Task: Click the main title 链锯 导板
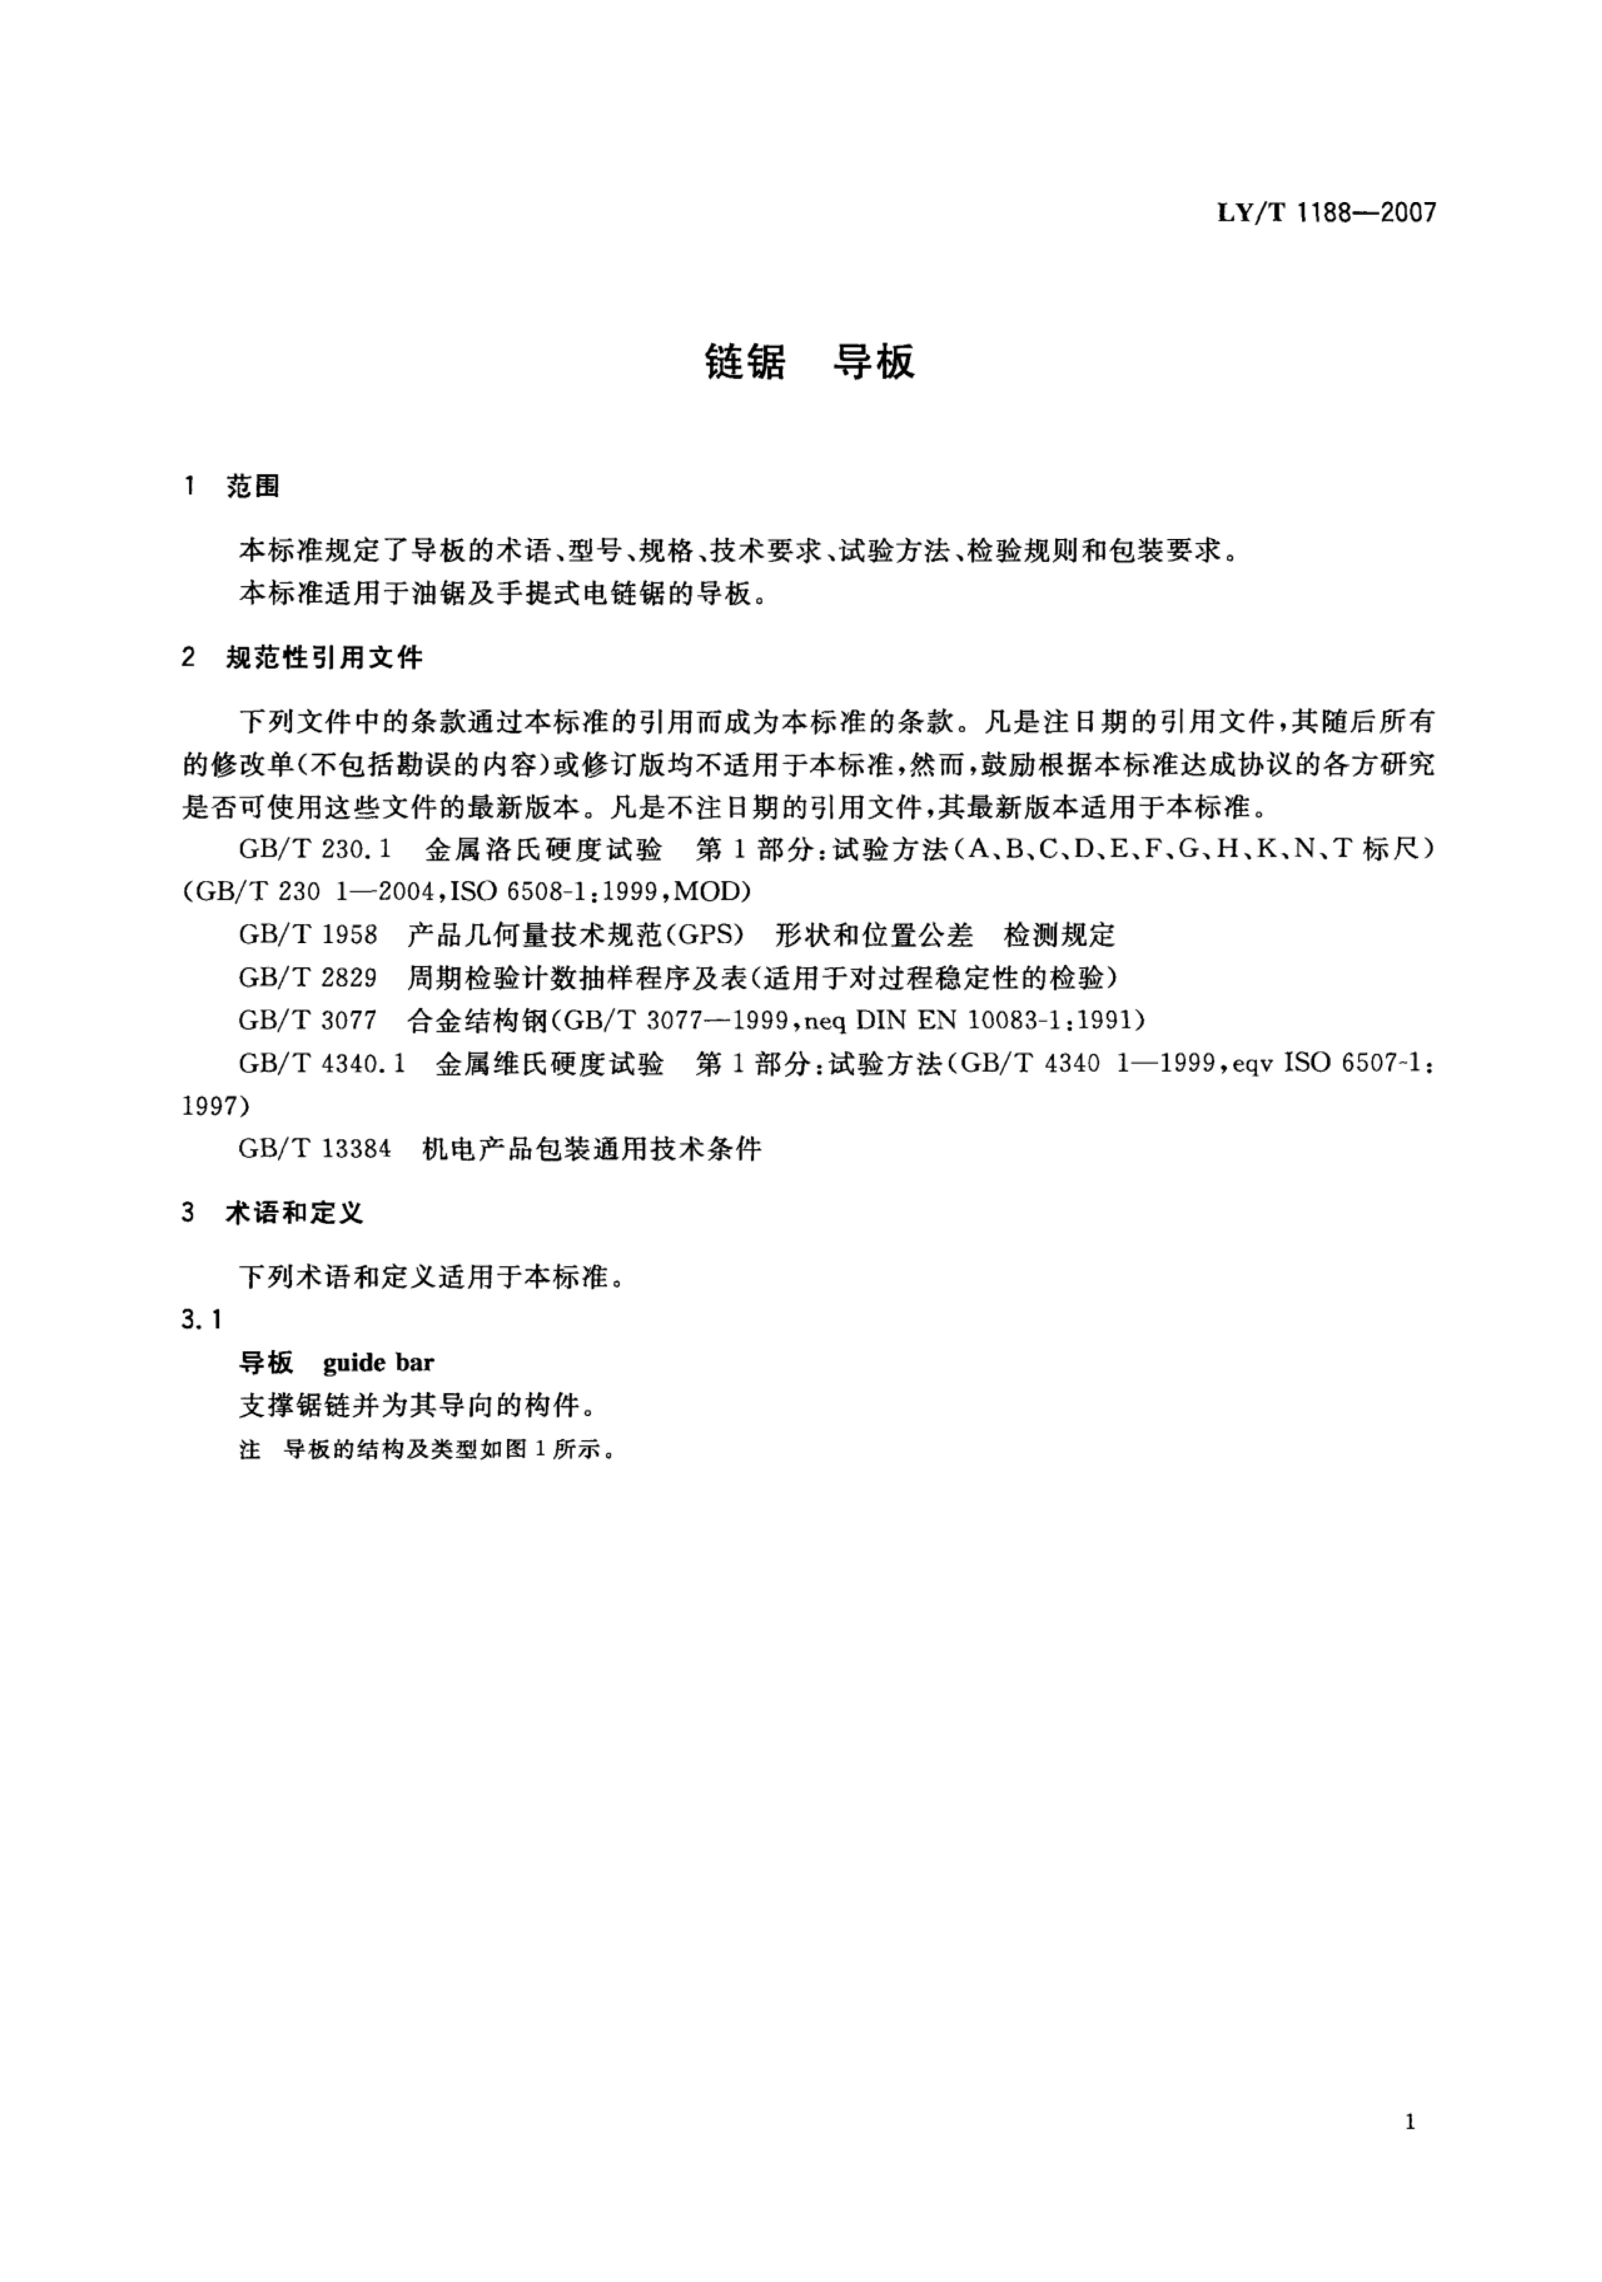pos(809,363)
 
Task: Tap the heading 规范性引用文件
pos(324,658)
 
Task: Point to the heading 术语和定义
pos(294,1213)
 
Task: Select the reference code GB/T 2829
pos(308,978)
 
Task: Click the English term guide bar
pos(379,1363)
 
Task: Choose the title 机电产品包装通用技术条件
pos(591,1149)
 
